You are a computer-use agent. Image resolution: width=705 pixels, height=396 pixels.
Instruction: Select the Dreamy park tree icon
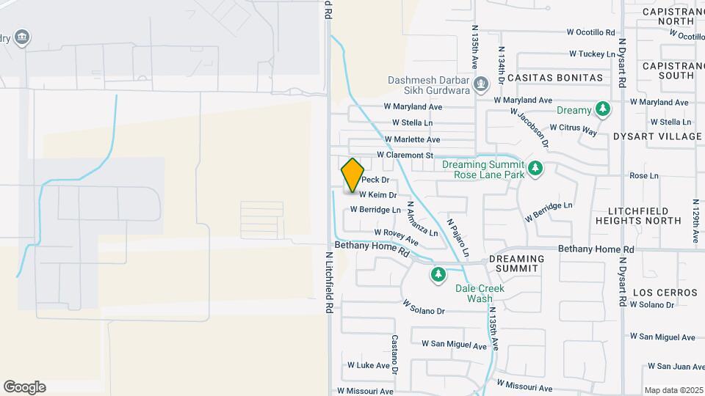coord(602,110)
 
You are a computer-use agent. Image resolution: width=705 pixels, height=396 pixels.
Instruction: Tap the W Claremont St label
coord(405,155)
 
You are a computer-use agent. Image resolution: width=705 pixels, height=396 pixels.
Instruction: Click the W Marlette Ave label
coord(412,139)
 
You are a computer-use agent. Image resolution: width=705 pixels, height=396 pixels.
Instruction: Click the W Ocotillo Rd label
coord(590,32)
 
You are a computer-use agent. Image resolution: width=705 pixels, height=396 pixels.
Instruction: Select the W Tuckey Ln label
coord(592,54)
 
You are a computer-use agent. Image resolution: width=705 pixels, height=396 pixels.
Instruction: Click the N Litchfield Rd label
coord(328,279)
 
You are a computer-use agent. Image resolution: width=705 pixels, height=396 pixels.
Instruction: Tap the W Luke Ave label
coord(368,365)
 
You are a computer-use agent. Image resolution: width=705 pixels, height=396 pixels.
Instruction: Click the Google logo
coord(24,386)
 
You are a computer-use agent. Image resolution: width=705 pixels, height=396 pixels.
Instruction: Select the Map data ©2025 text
coord(673,390)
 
